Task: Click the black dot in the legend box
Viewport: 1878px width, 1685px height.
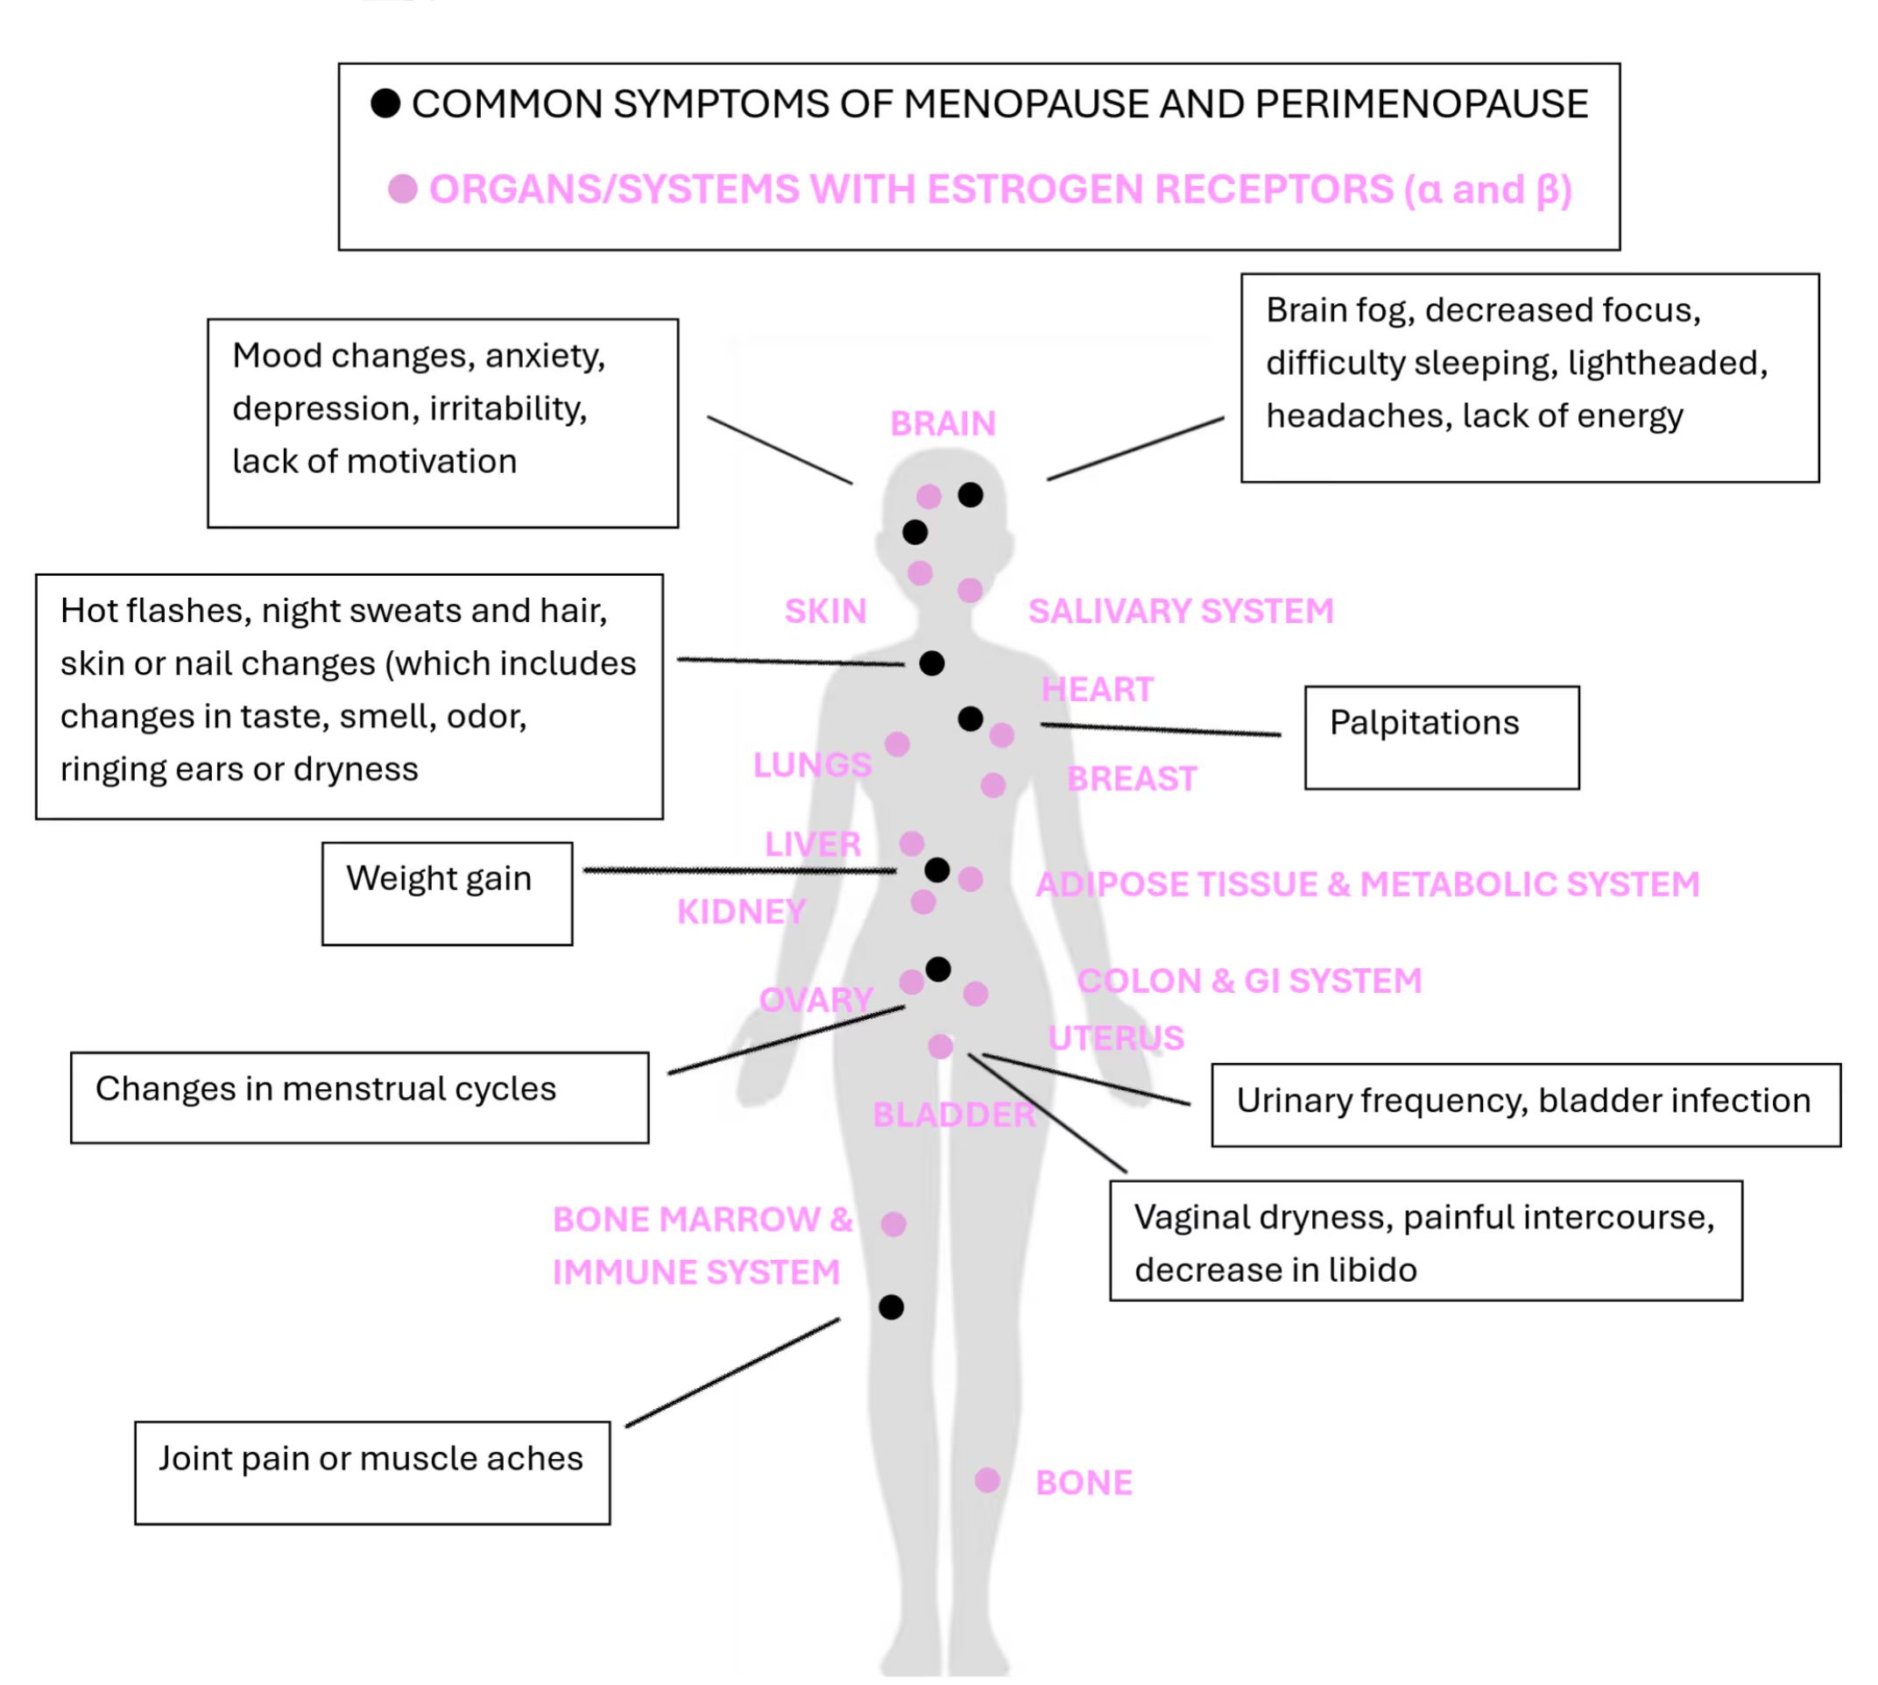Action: (385, 103)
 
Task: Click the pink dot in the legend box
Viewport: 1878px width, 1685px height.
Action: (403, 189)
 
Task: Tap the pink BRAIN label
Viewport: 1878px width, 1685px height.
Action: (943, 423)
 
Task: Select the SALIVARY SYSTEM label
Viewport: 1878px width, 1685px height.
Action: (1180, 611)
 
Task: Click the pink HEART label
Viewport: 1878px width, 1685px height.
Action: (1097, 689)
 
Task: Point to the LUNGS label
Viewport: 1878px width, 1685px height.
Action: (812, 765)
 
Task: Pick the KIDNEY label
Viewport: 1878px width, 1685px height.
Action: (741, 912)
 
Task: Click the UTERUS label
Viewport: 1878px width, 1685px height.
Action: (1115, 1037)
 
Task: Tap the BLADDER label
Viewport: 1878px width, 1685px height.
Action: (953, 1115)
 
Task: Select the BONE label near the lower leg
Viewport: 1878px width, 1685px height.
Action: (1084, 1483)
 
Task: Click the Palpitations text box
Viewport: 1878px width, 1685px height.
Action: (1441, 737)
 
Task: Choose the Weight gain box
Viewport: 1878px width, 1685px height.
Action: (447, 893)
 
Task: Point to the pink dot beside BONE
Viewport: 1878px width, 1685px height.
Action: (987, 1479)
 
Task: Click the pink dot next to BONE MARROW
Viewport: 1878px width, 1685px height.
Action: (893, 1224)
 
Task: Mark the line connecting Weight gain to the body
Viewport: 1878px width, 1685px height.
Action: (740, 870)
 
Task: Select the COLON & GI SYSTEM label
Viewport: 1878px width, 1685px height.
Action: (1248, 981)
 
